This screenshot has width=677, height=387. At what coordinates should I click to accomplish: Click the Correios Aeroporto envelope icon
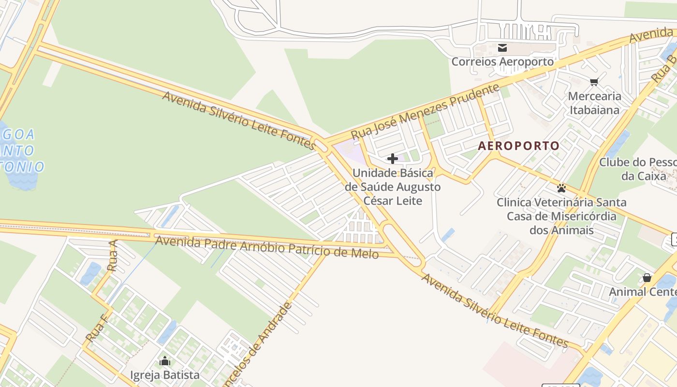pos(502,48)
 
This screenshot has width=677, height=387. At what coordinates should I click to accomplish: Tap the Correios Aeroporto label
pos(502,61)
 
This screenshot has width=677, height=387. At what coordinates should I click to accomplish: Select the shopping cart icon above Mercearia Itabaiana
pos(594,82)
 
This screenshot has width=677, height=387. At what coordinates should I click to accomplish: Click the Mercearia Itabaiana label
pos(594,103)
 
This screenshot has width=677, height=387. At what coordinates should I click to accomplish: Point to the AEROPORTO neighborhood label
pos(518,146)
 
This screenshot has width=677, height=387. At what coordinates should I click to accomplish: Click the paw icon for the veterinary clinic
pos(561,188)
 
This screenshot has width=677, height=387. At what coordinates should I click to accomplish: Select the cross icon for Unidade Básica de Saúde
pos(393,158)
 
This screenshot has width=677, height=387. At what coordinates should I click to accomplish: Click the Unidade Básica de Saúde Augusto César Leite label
pos(393,187)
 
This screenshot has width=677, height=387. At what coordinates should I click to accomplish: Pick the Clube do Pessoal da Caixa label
pos(638,169)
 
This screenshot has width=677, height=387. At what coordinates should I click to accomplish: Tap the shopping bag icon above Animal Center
pos(647,278)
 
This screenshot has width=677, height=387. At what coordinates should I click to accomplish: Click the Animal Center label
pos(642,292)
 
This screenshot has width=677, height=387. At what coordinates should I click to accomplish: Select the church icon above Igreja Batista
pos(165,361)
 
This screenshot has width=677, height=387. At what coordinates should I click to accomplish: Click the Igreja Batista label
pos(165,375)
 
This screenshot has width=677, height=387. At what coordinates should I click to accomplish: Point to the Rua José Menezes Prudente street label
pos(425,111)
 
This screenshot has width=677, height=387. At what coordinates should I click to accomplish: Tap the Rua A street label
pos(113,255)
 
